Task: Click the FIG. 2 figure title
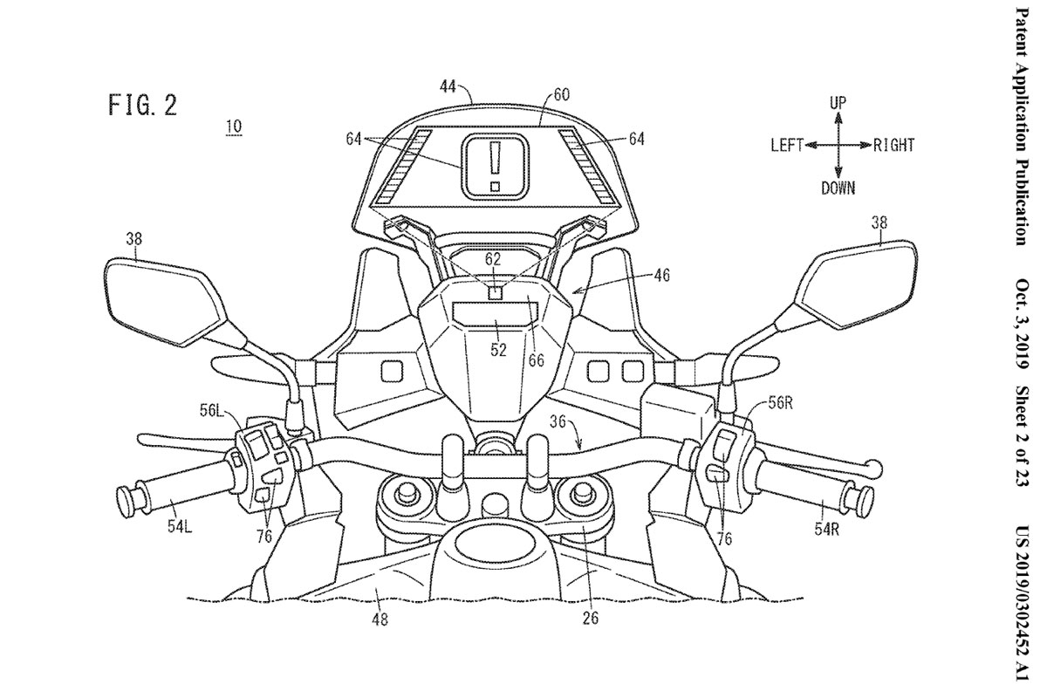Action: [142, 106]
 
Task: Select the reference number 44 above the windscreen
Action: [448, 87]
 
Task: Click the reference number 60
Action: [561, 95]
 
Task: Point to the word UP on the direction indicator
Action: [838, 103]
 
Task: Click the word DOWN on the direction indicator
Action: [838, 188]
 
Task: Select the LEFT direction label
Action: [787, 146]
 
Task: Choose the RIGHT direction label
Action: [893, 146]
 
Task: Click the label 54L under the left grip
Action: [180, 527]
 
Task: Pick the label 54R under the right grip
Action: [826, 530]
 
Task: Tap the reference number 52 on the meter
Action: [498, 349]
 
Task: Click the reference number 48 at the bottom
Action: [380, 620]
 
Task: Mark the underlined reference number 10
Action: [234, 127]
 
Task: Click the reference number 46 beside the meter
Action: [661, 276]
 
